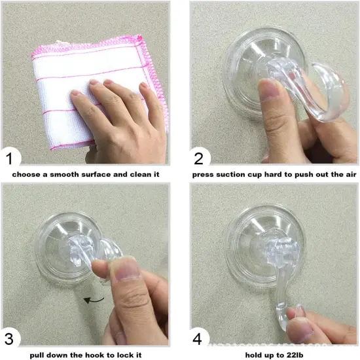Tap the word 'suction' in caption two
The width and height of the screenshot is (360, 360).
pos(237,175)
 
